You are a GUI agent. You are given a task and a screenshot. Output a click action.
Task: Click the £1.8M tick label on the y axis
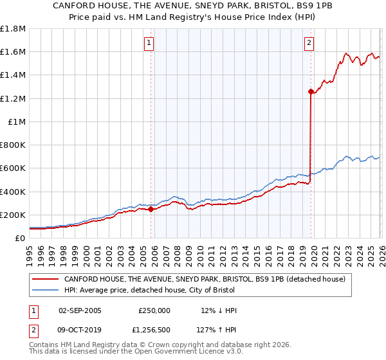[13, 29]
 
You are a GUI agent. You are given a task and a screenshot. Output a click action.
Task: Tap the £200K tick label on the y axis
[13, 215]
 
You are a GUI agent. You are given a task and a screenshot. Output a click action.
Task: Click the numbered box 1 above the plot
[149, 43]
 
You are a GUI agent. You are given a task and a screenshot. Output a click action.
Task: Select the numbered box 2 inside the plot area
[309, 43]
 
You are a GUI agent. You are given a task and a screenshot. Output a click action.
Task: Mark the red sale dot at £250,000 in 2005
[151, 209]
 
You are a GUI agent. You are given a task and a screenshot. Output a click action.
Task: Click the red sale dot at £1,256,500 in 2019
[311, 92]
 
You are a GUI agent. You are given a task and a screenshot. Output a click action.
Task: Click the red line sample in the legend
[46, 279]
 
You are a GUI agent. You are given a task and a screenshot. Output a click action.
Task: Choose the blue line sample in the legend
[46, 290]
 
